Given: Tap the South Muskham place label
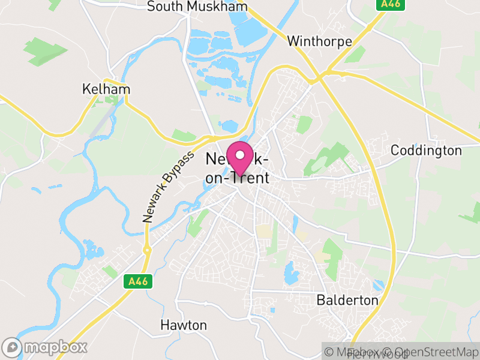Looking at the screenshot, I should tap(197, 7).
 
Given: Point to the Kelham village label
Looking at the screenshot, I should tap(106, 89).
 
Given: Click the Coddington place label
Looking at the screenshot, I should tap(426, 150).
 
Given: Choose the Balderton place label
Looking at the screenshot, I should tap(347, 299).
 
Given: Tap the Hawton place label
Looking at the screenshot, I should tap(184, 325).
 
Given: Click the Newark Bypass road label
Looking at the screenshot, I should tap(169, 187).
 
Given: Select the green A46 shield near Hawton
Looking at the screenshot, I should tap(136, 281).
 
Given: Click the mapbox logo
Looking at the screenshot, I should tap(46, 347).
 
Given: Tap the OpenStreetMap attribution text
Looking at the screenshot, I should tap(430, 351).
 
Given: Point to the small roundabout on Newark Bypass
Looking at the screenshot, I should tap(146, 249).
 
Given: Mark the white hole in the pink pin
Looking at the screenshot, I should tap(240, 155).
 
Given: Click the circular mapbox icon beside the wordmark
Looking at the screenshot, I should tap(12, 347).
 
